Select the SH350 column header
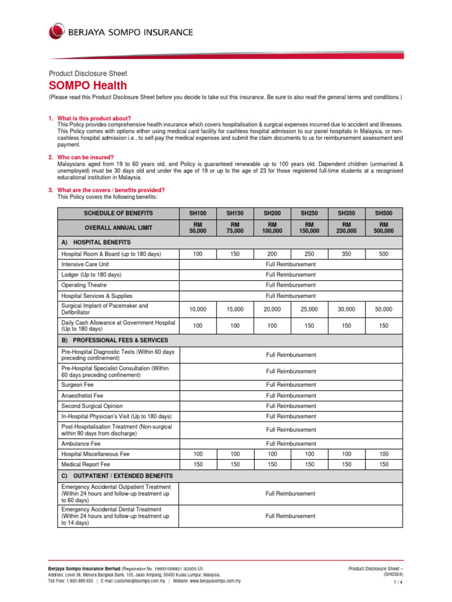(x=346, y=213)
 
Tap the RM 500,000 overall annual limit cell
(x=384, y=228)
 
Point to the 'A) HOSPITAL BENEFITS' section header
(x=96, y=242)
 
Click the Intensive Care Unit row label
(x=85, y=265)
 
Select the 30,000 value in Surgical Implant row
(x=346, y=309)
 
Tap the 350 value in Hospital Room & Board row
(x=346, y=254)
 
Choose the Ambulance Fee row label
(x=81, y=444)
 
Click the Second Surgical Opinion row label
(x=92, y=406)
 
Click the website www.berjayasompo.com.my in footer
(x=212, y=580)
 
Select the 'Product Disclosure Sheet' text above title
(x=87, y=73)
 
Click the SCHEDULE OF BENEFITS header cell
(x=118, y=213)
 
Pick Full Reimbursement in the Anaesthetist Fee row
(x=291, y=396)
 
